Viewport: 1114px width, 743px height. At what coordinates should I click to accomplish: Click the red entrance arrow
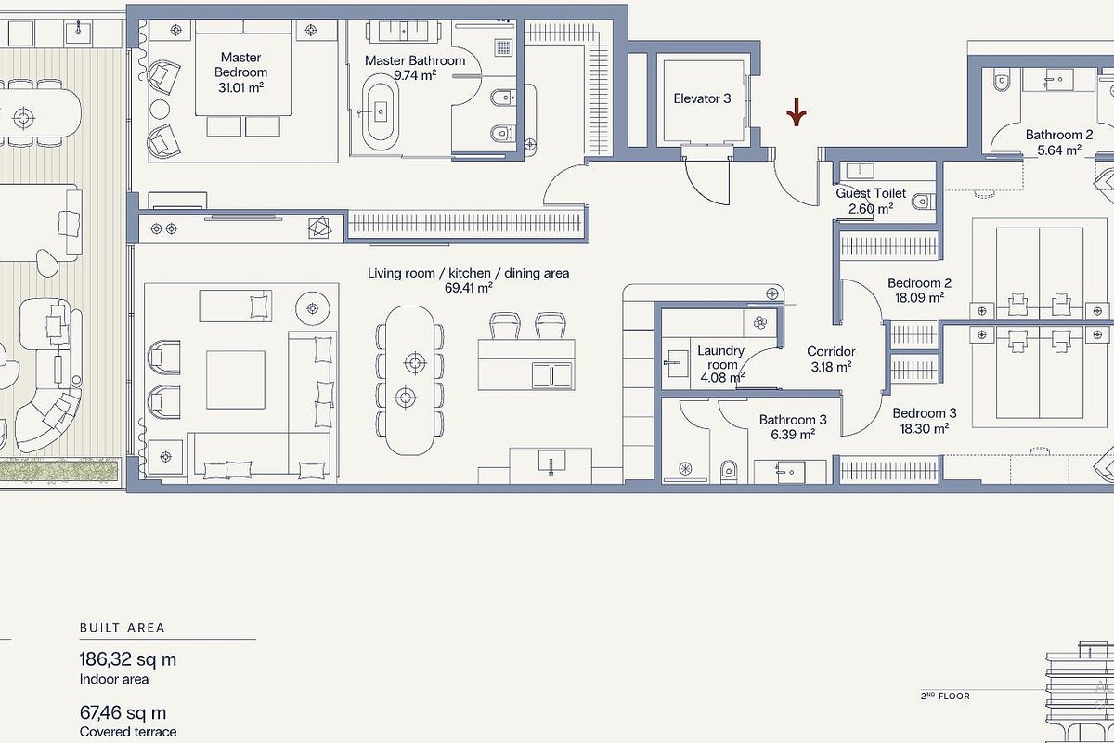pos(797,112)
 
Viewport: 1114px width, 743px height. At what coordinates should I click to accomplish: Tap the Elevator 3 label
pos(702,98)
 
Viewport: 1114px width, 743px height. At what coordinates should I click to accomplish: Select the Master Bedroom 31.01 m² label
pos(240,72)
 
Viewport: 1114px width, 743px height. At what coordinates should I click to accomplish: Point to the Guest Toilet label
pos(871,193)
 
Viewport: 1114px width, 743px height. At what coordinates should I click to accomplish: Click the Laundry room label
pos(721,358)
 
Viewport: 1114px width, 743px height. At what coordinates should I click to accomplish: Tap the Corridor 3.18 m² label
pos(831,359)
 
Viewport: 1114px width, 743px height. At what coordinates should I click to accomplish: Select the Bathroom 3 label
pos(793,420)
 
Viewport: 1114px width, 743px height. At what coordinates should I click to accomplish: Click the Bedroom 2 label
pos(920,283)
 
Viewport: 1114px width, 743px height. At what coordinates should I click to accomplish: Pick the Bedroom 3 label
pos(925,413)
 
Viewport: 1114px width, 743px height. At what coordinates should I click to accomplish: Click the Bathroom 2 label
pos(1059,135)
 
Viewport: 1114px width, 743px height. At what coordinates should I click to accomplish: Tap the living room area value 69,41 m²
pos(469,288)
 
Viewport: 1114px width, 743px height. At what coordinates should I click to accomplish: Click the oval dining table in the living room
pos(409,380)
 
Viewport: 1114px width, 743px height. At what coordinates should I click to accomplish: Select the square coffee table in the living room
pos(236,380)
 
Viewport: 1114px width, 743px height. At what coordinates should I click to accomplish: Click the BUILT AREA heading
pos(123,628)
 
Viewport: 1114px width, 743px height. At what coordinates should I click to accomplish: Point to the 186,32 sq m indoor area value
pos(128,660)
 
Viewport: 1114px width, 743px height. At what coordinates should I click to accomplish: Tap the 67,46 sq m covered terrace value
pos(123,713)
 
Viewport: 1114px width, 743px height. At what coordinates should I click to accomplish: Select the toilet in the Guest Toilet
pos(924,202)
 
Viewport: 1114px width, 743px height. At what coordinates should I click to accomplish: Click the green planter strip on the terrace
pos(58,470)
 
